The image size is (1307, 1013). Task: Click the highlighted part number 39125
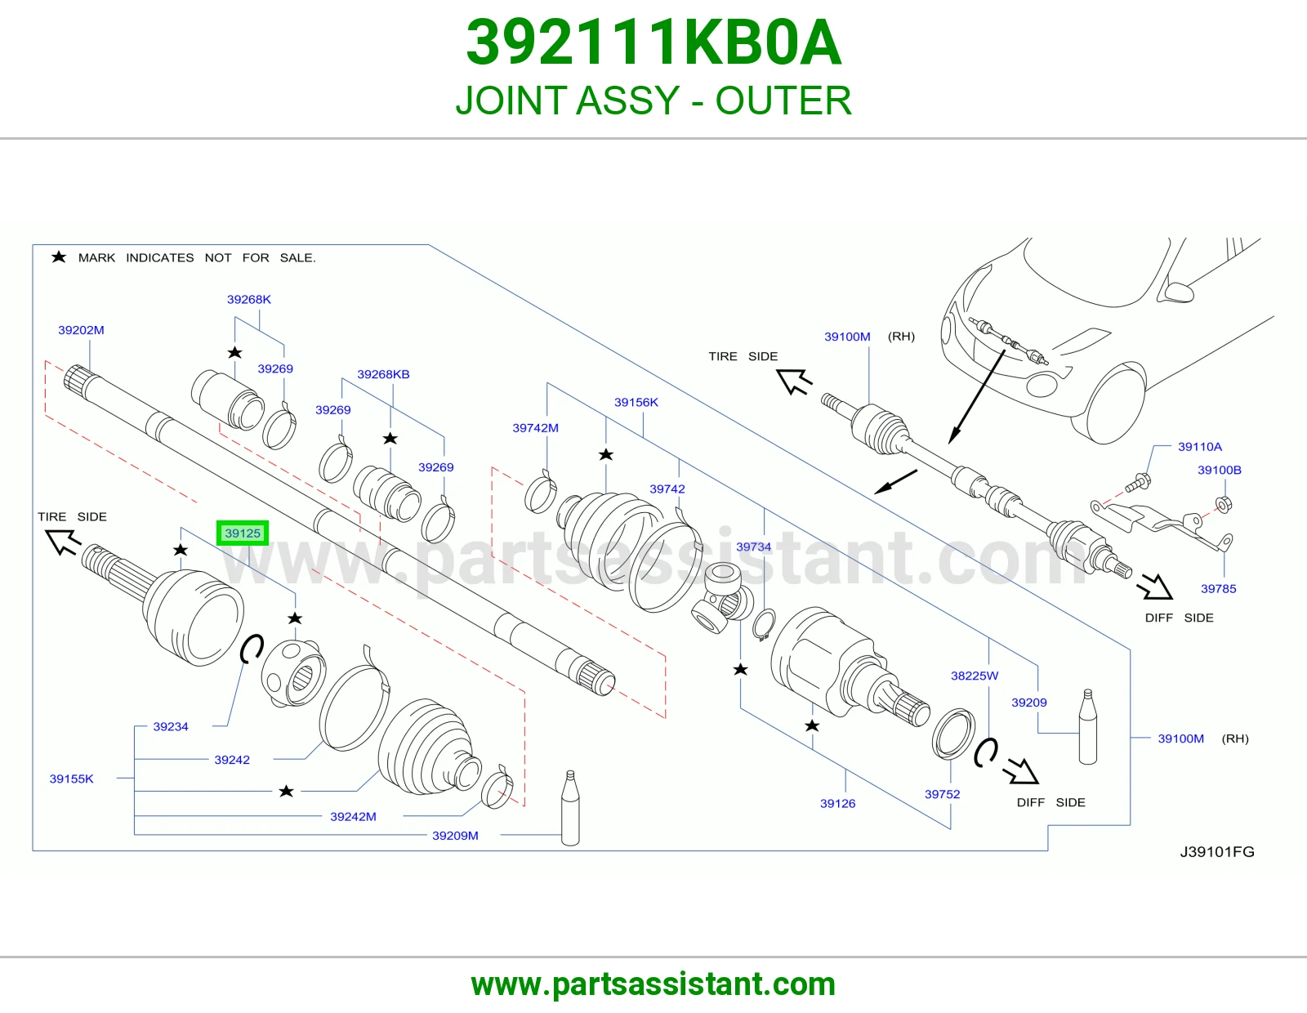click(243, 533)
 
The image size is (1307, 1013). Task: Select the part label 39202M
click(81, 330)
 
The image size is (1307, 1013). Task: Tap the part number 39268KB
click(383, 374)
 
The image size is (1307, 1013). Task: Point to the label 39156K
click(636, 402)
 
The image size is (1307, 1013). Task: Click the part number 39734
click(754, 547)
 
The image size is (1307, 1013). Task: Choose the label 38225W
click(975, 676)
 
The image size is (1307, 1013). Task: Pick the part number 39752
click(943, 794)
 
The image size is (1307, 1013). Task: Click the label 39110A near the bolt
click(1200, 446)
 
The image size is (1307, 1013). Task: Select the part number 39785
click(1219, 589)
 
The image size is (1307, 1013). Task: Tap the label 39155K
click(72, 779)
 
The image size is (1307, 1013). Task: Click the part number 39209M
click(455, 836)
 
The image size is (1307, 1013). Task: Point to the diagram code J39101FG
click(1217, 852)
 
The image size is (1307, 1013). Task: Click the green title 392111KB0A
click(653, 42)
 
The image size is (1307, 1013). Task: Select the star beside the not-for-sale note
click(59, 257)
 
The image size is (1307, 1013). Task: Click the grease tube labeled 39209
click(1087, 727)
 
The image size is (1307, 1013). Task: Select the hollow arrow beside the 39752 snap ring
click(1021, 771)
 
